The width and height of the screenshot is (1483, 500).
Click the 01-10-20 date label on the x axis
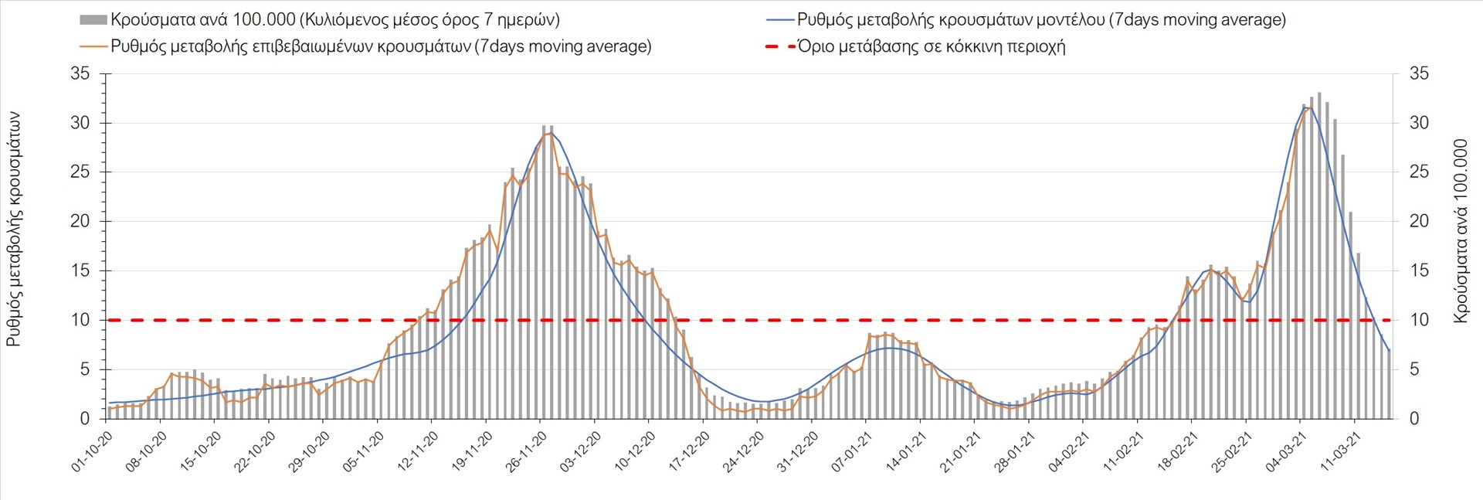(93, 451)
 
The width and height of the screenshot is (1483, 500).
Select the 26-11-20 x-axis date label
(527, 451)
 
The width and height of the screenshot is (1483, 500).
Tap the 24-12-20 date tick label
(744, 451)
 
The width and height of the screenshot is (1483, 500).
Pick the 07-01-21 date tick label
(852, 451)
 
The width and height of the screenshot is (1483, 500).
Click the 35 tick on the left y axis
(80, 74)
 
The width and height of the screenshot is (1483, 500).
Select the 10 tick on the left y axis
(80, 320)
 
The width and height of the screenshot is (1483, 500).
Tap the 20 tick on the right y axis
(1419, 222)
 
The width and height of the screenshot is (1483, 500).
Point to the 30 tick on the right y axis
(1419, 123)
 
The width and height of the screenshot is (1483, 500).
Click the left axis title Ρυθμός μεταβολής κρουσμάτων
(14, 229)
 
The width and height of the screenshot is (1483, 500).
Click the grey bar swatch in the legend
(93, 20)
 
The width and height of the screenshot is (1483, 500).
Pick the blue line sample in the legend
(779, 20)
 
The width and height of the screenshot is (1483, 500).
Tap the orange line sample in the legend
(93, 46)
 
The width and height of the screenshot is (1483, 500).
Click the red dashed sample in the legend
(779, 46)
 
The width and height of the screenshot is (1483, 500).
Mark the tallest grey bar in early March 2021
(1318, 255)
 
